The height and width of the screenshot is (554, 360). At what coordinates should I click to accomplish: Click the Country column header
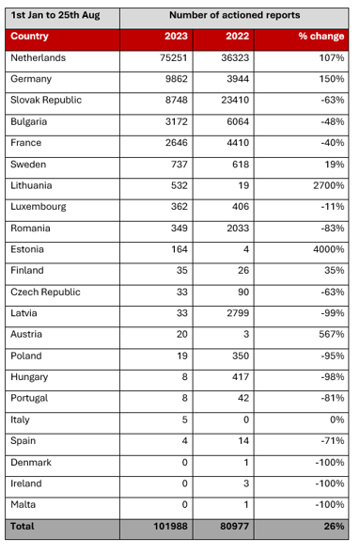click(30, 36)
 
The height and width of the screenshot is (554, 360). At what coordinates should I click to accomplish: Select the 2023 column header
click(175, 36)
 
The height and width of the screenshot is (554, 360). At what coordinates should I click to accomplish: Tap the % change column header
click(322, 36)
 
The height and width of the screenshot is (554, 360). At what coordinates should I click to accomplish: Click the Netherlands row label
click(39, 57)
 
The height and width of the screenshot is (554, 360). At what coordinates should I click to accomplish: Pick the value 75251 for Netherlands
click(169, 57)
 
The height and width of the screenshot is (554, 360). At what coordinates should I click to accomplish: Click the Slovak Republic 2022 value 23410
click(230, 100)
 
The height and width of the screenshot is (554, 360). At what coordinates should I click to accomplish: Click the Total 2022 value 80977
click(230, 527)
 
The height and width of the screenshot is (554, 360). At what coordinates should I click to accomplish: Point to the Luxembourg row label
click(40, 206)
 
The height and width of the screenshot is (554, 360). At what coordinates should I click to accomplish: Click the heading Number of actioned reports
click(234, 16)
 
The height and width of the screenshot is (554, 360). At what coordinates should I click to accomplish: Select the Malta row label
click(23, 505)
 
